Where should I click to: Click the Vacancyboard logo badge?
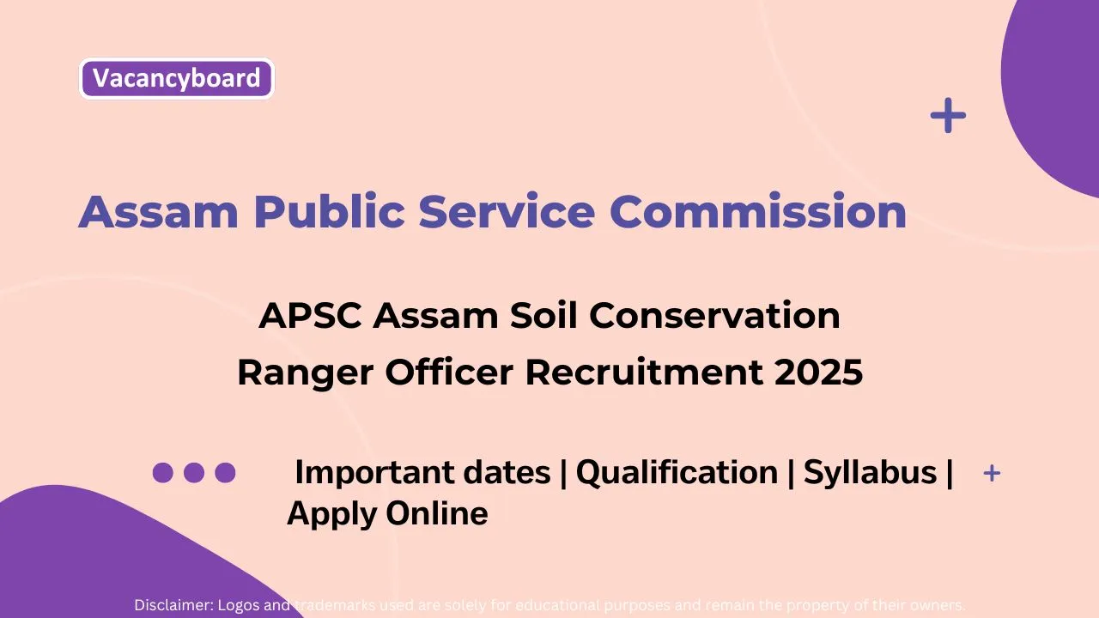point(176,78)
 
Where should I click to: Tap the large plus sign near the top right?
point(948,116)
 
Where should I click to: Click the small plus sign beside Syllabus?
point(992,473)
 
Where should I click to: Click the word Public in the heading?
point(326,211)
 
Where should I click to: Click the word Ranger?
point(305,373)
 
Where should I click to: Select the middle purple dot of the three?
point(194,472)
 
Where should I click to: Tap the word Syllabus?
point(870,472)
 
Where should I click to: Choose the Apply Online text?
point(387,513)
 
